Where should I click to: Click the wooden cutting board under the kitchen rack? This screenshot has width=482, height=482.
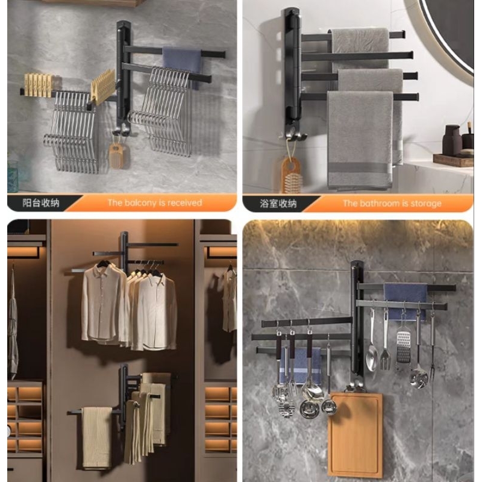[355, 434]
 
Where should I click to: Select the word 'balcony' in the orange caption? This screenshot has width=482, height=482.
[140, 203]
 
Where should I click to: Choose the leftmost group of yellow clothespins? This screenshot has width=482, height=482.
[39, 84]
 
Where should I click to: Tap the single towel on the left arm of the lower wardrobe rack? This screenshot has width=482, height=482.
[97, 437]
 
